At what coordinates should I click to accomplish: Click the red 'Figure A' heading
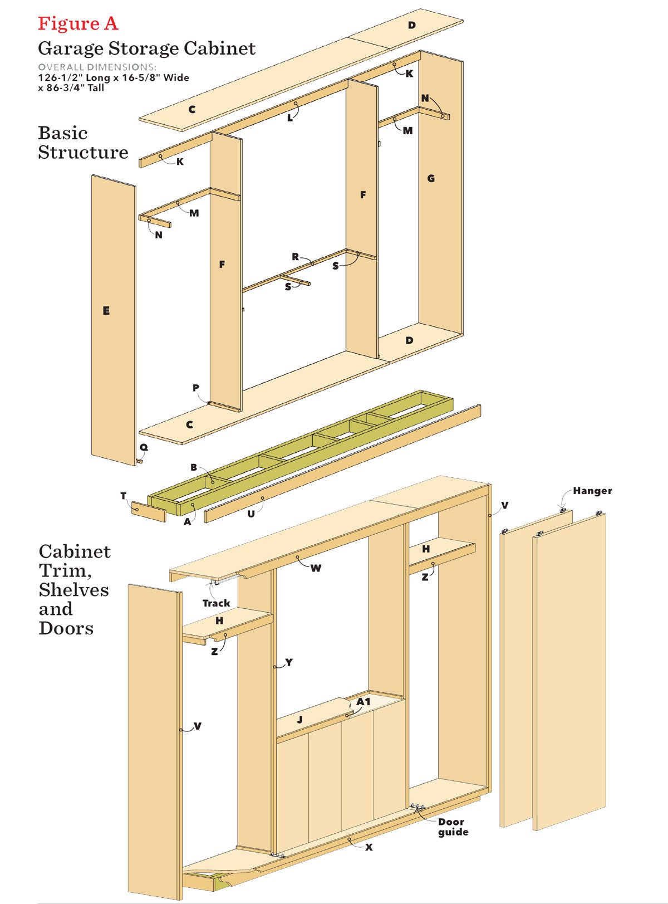78,23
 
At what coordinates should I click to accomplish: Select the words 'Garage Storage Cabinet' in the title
146,48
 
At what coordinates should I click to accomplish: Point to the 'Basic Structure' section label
83,143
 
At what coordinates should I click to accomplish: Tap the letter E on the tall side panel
106,311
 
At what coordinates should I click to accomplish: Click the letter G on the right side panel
431,179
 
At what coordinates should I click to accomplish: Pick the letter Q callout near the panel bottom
144,447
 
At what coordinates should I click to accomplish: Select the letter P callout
196,388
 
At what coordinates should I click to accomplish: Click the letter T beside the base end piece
124,496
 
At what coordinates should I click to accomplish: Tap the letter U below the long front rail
251,514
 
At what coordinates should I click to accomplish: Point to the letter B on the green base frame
194,467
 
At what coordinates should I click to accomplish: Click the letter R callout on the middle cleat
295,257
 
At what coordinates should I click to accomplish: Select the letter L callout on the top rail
290,118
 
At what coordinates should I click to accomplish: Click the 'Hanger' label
592,491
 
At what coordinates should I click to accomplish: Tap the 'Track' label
216,603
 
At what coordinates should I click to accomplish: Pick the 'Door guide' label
453,827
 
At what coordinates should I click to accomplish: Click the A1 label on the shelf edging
364,702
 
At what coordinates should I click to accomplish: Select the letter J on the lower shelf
299,720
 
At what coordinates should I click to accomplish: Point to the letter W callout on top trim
316,568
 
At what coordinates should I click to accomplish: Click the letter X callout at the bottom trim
369,847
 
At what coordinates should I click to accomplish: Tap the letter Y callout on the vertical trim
288,662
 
